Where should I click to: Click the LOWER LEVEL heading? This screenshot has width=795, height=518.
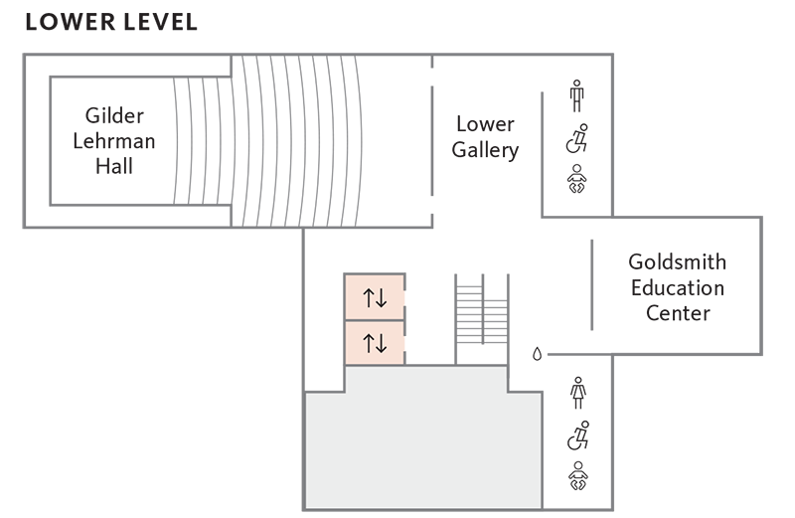111,22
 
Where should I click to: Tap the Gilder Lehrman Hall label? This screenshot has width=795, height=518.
114,140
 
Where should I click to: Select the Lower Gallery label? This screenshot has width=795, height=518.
485,137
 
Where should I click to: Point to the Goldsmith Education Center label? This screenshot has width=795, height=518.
678,288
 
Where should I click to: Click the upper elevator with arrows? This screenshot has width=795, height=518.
375,296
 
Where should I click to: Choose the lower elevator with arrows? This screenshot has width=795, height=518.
375,343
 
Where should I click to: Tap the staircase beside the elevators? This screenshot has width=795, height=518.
481,318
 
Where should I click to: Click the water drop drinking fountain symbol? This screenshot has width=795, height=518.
538,353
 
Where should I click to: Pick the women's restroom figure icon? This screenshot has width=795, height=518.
577,393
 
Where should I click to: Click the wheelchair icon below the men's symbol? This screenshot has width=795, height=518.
577,139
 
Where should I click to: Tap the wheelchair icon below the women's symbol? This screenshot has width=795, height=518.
577,435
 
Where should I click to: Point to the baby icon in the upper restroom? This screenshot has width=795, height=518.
577,181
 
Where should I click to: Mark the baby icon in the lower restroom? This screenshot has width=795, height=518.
577,477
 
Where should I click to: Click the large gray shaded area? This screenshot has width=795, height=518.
422,447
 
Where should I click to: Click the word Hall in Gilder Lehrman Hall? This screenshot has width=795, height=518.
114,166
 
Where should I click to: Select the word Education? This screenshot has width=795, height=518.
678,288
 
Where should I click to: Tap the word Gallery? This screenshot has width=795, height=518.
485,150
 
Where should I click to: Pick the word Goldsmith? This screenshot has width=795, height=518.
678,262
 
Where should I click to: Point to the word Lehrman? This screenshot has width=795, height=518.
114,140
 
